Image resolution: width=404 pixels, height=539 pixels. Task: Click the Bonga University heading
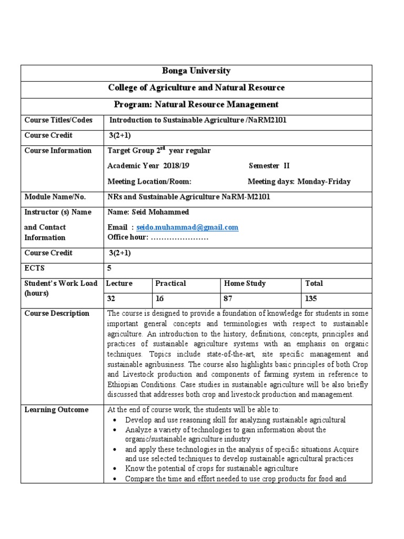tap(196, 71)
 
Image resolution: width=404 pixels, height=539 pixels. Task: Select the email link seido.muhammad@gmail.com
tap(187, 227)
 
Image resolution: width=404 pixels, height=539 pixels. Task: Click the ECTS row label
tap(35, 268)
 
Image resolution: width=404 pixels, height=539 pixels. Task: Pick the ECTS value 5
tap(109, 268)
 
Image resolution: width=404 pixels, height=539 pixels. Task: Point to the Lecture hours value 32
tap(111, 298)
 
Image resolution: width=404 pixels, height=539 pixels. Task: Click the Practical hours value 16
tap(160, 298)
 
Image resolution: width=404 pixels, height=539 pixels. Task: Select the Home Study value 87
tap(229, 298)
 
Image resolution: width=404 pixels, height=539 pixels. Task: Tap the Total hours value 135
tap(311, 298)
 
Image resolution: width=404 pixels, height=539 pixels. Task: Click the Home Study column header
tap(245, 283)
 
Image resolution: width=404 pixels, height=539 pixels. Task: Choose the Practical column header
tap(170, 283)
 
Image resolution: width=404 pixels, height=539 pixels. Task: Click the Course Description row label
tap(57, 313)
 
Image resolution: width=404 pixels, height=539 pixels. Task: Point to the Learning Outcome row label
tap(56, 410)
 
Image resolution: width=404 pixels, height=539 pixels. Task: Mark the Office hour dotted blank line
tap(180, 237)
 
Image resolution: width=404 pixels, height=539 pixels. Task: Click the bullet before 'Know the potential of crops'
tap(115, 468)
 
